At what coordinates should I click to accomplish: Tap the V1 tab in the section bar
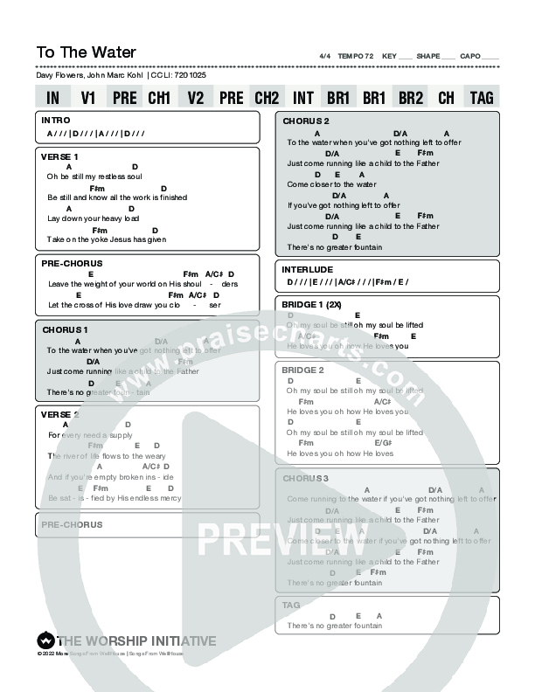tap(88, 98)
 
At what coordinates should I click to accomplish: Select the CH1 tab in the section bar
tap(159, 98)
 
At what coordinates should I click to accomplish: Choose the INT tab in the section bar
tap(303, 98)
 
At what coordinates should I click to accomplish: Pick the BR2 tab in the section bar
tap(410, 98)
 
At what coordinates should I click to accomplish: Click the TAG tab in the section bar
tap(482, 98)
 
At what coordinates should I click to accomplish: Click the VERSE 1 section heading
tap(59, 156)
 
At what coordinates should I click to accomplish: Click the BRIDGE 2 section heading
tap(303, 370)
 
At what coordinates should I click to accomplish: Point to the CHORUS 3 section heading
tap(305, 478)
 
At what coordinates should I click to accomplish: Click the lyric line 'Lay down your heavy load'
tap(94, 218)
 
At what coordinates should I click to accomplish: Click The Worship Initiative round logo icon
tap(45, 640)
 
